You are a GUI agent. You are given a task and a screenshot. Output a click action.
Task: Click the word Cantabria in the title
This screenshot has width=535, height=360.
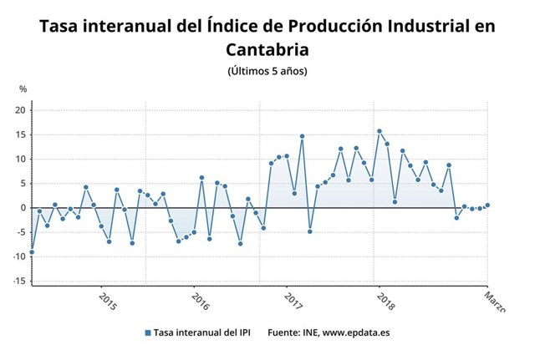(x=267, y=50)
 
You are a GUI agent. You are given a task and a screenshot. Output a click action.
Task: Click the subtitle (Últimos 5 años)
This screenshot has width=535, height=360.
(x=267, y=71)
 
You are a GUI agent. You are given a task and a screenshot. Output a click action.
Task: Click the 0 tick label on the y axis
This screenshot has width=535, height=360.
(x=25, y=208)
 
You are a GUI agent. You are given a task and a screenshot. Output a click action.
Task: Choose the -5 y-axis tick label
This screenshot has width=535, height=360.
(x=23, y=232)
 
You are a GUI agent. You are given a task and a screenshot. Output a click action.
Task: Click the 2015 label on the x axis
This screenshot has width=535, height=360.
(x=106, y=300)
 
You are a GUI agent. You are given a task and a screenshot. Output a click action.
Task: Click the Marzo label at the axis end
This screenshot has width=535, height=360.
(x=496, y=302)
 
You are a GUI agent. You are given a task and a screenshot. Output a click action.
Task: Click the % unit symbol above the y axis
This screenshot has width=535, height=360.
(x=23, y=89)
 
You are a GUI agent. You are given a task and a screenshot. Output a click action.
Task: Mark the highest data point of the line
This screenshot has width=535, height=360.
(x=380, y=131)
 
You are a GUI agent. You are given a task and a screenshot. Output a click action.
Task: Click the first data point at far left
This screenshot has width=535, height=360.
(x=32, y=251)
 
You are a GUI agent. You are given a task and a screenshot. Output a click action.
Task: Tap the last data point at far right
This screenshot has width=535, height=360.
(x=487, y=205)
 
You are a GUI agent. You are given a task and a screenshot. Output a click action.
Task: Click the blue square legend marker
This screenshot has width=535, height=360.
(x=148, y=332)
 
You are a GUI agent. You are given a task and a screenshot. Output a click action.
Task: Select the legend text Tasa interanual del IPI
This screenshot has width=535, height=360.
(x=200, y=332)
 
